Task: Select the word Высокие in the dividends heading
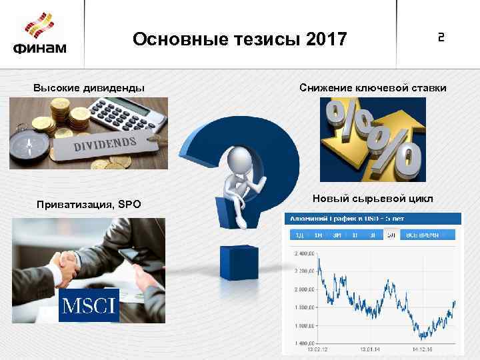click(x=57, y=87)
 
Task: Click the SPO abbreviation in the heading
click(x=130, y=204)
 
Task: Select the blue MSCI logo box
click(x=89, y=305)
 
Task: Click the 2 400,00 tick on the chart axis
click(x=303, y=254)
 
